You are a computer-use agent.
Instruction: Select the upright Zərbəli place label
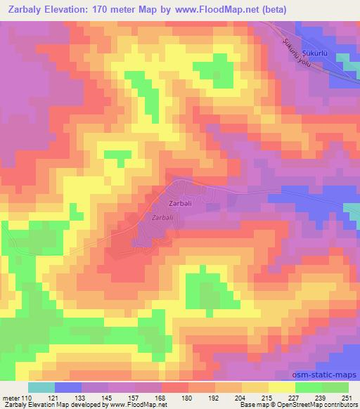(x=180, y=204)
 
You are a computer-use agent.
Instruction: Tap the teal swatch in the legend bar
(x=41, y=387)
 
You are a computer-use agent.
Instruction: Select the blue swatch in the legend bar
(x=67, y=387)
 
